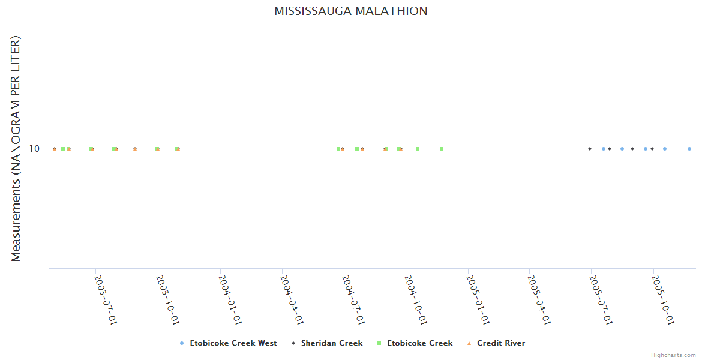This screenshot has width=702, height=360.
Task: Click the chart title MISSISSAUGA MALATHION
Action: [x=351, y=11]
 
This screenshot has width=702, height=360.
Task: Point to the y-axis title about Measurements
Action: [x=16, y=148]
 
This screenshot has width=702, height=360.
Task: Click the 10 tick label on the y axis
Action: [x=34, y=149]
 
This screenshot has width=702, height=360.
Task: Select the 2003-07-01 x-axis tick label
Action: [x=106, y=299]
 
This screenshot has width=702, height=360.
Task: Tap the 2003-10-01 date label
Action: [x=167, y=299]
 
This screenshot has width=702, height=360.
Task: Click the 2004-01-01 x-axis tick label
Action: [x=230, y=299]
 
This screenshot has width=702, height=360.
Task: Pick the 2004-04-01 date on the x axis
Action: [x=292, y=299]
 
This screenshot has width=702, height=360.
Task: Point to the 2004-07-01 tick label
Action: [x=353, y=299]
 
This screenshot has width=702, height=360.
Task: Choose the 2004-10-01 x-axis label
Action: [x=416, y=299]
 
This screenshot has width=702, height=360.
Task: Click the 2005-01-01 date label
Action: [x=478, y=299]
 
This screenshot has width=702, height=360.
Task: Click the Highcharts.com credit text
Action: [x=674, y=355]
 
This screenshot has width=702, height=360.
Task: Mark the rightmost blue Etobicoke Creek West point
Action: [x=689, y=149]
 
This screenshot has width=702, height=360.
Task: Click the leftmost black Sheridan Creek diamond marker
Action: [x=590, y=149]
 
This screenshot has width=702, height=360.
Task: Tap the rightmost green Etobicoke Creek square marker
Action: [x=442, y=149]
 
